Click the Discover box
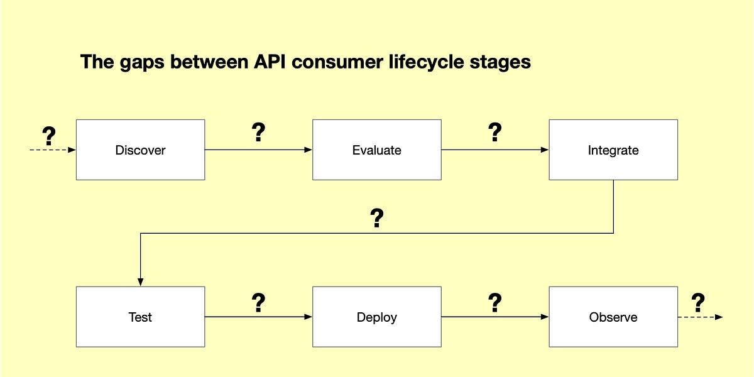(140, 150)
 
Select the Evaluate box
(376, 150)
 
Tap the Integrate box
(613, 150)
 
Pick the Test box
(140, 317)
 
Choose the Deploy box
(376, 317)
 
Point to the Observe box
(613, 317)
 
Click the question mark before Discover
(48, 135)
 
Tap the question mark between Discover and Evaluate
(258, 133)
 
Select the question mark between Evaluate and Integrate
(494, 133)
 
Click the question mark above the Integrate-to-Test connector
(376, 218)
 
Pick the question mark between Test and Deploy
(258, 303)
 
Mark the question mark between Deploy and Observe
(494, 303)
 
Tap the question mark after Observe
(697, 303)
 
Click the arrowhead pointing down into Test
(140, 282)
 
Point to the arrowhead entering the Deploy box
(308, 317)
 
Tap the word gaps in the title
(136, 63)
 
